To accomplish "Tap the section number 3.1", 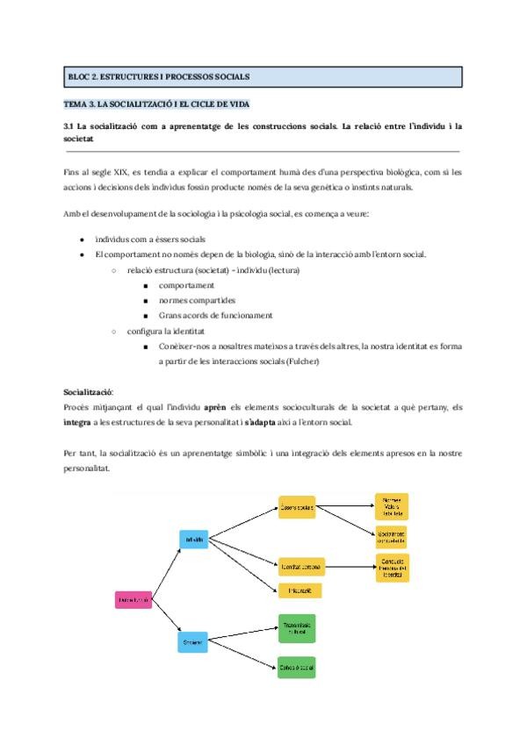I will tap(71, 126).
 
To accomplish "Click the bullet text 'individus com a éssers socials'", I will tap(150, 240).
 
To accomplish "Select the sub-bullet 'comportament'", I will tap(186, 286).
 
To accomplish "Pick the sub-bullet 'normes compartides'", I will tap(197, 300).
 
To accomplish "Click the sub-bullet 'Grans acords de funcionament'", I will tap(215, 315).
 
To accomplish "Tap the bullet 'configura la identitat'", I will tap(165, 332).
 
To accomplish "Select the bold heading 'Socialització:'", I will tap(89, 392).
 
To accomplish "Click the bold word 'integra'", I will tap(78, 422).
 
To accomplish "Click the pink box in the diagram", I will tap(134, 600).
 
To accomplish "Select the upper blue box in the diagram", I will tap(193, 539).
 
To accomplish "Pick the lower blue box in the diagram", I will tap(193, 642).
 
